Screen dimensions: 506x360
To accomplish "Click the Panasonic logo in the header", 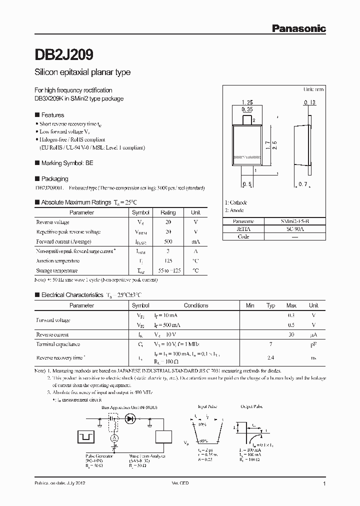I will pos(298,29).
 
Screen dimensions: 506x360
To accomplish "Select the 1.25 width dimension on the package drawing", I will pos(246,102).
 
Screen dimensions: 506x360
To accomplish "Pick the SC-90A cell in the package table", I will pos(294,228).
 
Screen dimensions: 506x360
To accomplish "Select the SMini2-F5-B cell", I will pos(294,221).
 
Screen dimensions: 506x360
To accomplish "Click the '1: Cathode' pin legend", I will pos(236,202).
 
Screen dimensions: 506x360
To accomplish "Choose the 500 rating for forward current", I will pos(168,241).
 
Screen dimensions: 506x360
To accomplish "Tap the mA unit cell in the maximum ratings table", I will pos(195,241).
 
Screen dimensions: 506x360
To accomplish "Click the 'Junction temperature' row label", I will pos(58,260).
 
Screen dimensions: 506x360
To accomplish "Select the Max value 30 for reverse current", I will pos(291,334).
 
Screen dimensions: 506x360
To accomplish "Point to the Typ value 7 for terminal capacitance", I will pos(270,344).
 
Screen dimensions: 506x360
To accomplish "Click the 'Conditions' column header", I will pos(196,305).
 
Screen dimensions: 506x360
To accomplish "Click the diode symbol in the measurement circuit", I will pos(132,418).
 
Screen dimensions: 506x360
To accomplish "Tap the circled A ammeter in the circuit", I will pos(114,438).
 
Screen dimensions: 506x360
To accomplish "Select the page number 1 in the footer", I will pos(325,484).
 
